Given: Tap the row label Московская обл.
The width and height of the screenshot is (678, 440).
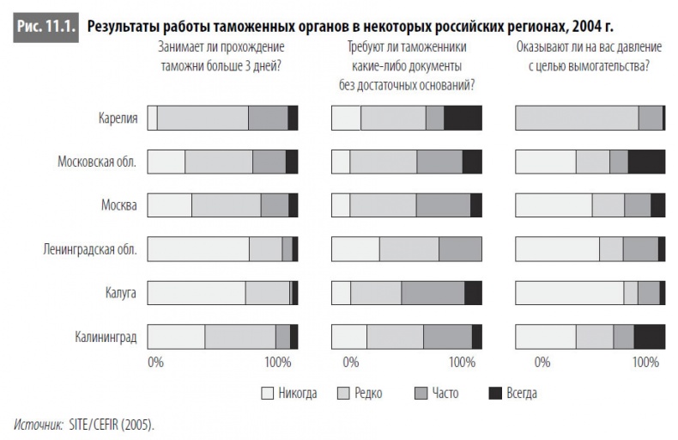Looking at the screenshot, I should (97, 162).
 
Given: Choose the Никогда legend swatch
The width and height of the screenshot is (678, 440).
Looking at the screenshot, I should (267, 394).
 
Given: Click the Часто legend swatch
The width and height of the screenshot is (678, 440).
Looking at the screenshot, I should (421, 394).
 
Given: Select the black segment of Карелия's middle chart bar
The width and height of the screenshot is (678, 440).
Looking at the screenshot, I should (463, 118).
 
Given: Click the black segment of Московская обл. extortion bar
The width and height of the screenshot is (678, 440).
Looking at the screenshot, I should (646, 162).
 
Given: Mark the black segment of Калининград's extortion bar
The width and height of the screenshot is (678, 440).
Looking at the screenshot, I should (649, 336).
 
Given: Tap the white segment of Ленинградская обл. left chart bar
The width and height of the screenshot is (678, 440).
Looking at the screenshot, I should (198, 249).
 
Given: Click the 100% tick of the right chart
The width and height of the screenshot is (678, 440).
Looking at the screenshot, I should (645, 362).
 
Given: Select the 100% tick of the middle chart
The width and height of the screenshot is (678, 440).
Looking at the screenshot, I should (462, 362).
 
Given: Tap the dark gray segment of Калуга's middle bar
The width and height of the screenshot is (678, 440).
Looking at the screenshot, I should (433, 293).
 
